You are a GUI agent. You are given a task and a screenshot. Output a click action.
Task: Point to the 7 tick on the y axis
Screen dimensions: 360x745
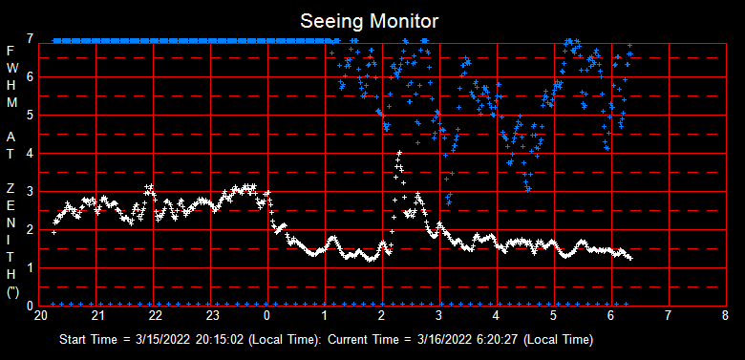32,38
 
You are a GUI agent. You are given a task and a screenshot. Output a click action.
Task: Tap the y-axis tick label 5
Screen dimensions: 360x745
32,115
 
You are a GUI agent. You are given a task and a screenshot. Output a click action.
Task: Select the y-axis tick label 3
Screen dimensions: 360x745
32,191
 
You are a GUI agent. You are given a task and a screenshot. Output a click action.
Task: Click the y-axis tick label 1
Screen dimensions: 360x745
32,267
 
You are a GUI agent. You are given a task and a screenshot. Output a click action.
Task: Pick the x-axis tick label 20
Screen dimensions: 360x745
41,316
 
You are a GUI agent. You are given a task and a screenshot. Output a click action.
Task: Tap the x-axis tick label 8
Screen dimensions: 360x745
725,316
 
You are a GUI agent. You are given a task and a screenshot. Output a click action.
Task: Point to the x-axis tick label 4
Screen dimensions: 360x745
497,316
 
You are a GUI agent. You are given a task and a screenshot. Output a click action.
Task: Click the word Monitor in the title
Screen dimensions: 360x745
407,20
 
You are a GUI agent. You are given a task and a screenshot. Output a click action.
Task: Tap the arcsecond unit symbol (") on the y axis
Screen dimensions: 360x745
11,294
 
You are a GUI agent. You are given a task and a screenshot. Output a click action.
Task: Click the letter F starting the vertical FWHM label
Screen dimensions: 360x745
11,50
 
